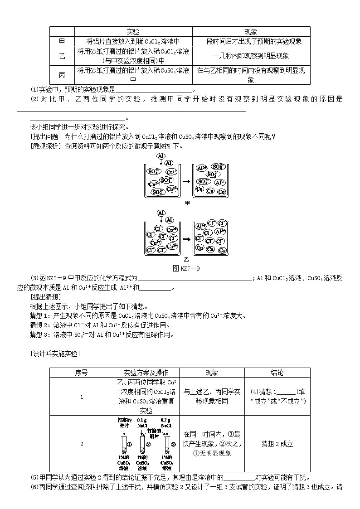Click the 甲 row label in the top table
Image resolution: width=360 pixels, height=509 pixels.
coord(62,41)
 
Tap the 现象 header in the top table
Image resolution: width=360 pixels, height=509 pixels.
coord(251,32)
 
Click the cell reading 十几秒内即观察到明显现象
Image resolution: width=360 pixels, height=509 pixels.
coord(251,56)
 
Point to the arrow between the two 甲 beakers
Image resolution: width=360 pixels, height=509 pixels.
coord(186,181)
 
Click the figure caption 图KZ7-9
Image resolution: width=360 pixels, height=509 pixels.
coord(186,268)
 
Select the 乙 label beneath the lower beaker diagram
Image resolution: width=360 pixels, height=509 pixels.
coord(186,260)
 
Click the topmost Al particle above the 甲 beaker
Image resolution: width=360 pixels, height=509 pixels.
coord(161,156)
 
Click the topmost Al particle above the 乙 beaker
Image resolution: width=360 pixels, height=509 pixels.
coord(161,213)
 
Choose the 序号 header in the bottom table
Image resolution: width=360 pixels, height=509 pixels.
coord(81,373)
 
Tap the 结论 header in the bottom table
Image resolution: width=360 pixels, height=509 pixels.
coord(277,373)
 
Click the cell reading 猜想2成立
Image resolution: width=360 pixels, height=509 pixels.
coord(277,444)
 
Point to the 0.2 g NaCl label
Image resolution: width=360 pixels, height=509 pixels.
coord(166,423)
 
